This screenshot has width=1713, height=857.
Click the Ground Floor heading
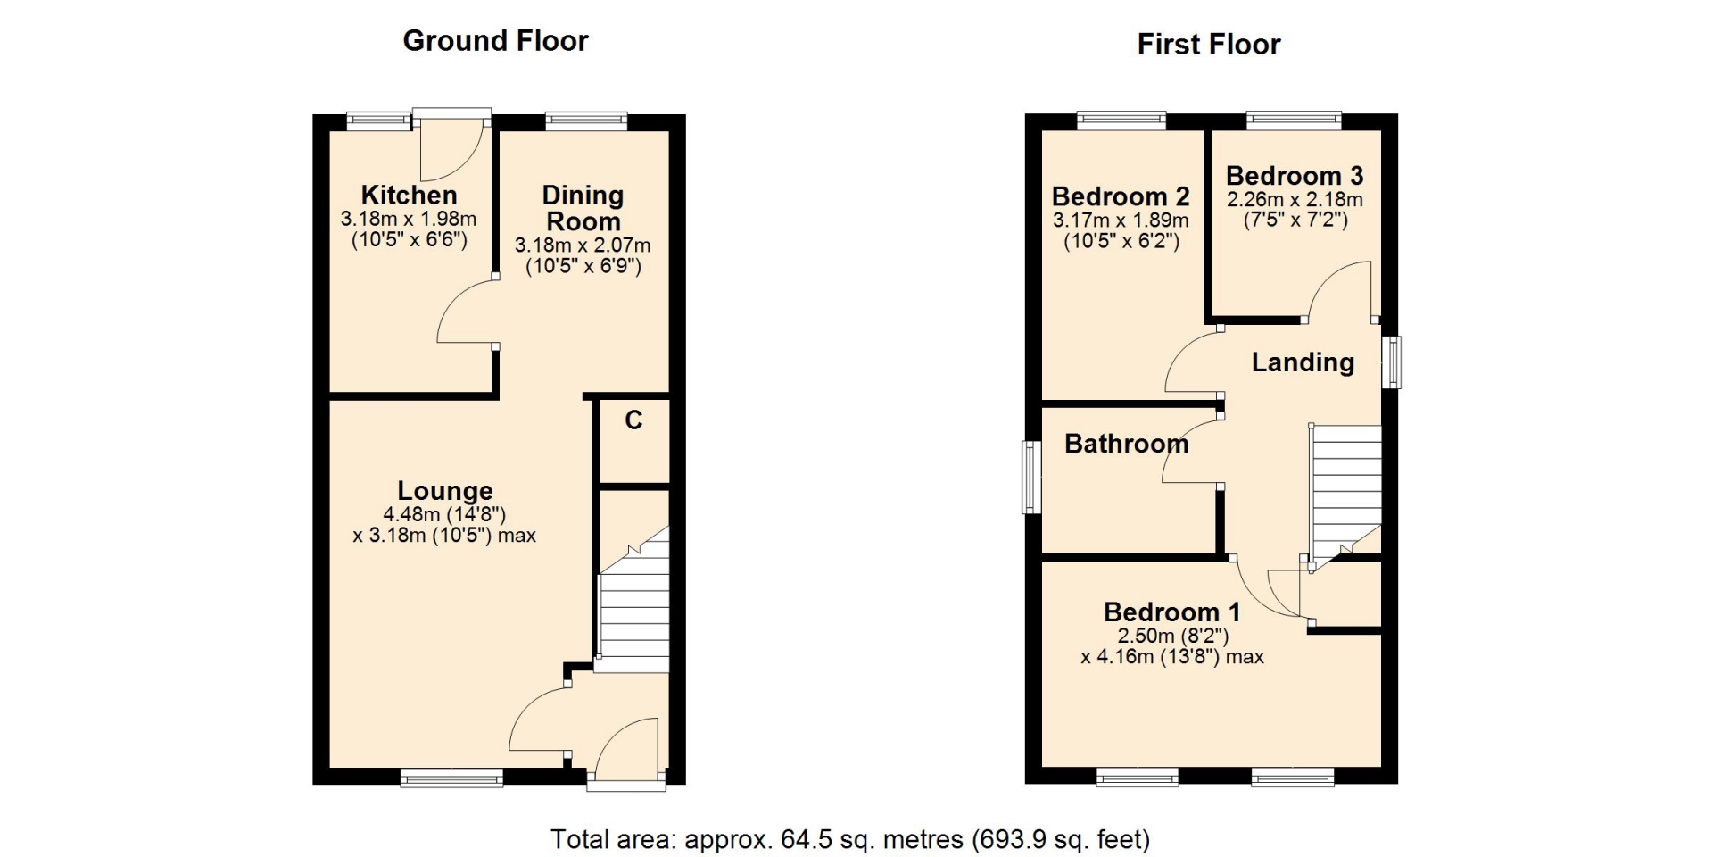[x=495, y=41]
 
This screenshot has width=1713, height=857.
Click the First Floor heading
[x=1208, y=45]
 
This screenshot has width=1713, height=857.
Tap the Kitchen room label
[x=409, y=195]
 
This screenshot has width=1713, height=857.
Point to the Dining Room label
[x=583, y=208]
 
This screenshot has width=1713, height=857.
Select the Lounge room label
[x=444, y=491]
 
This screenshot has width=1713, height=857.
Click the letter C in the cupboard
[x=633, y=420]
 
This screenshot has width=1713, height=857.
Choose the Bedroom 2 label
[x=1121, y=196]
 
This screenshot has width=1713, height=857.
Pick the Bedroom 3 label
[x=1295, y=176]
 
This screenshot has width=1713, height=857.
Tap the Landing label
[x=1303, y=362]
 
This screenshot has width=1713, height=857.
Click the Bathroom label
[x=1126, y=444]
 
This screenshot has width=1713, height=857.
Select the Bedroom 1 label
[x=1171, y=612]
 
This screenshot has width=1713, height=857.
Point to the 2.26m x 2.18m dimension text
[x=1295, y=199]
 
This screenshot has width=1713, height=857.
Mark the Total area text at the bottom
[x=849, y=840]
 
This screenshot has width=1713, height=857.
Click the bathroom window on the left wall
[x=1031, y=477]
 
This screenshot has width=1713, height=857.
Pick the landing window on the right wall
[x=1391, y=362]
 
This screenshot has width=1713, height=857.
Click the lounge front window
[x=451, y=778]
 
